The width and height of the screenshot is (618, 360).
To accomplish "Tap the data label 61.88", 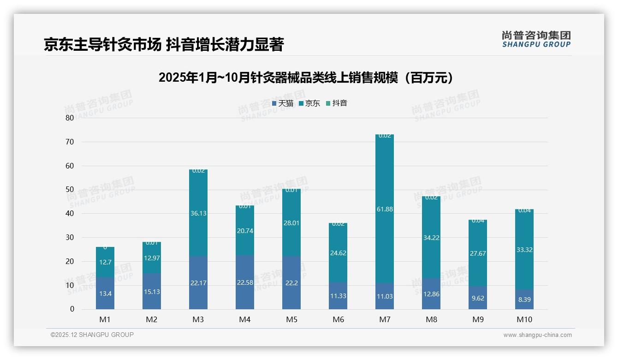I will pos(385,210).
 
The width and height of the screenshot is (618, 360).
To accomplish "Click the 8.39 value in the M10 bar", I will pos(524,300).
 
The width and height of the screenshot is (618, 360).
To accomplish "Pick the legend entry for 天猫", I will pos(283,103).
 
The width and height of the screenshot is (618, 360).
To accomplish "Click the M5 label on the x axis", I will pos(291,319).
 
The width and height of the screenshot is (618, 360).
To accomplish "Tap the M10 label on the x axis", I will pos(524,319).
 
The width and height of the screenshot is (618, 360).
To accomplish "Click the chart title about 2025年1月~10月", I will pos(306,78).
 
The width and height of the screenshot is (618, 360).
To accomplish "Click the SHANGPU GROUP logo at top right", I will pos(536,39).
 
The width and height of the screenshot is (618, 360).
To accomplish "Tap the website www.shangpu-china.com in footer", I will pos(537,335).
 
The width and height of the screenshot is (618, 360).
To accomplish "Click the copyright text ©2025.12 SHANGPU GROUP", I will pos(92,335).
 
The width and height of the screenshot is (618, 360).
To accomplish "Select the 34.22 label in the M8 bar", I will pos(431,238).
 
